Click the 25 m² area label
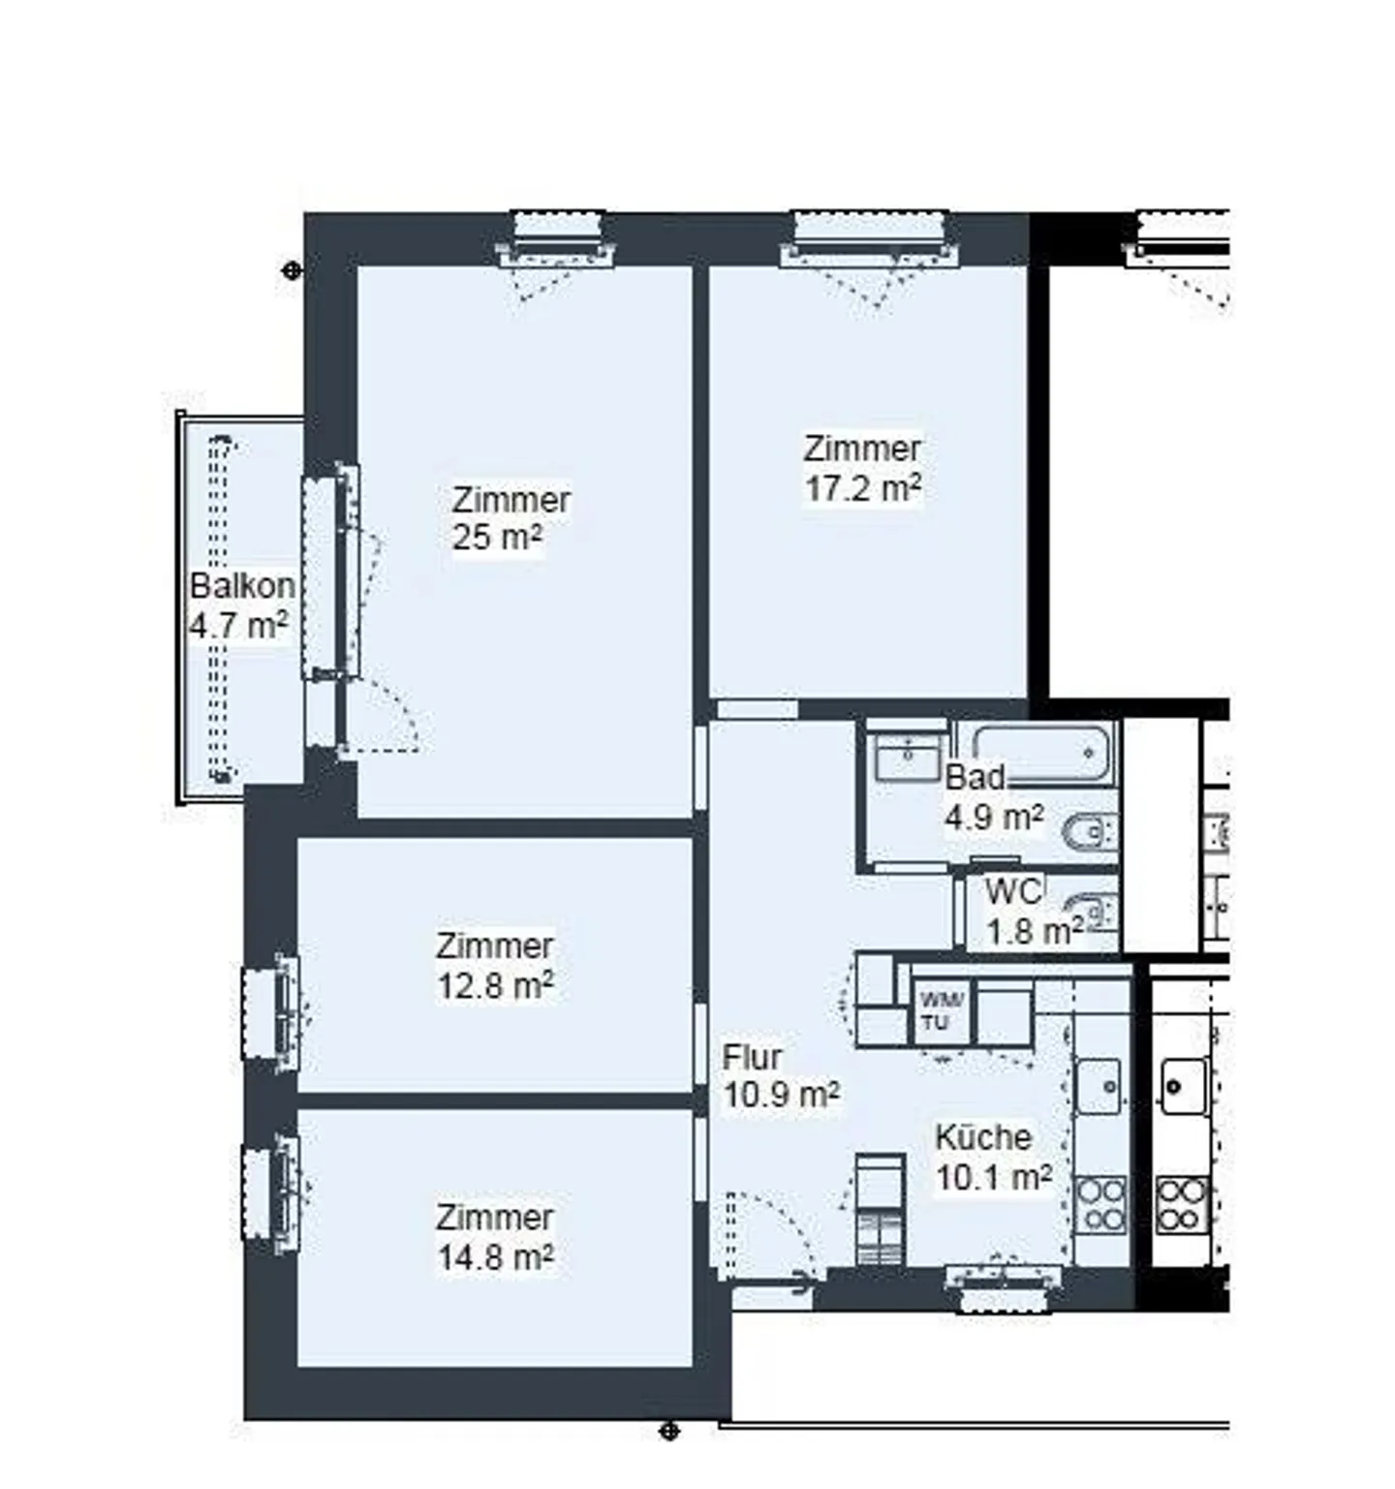tap(497, 537)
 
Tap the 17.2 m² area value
tap(862, 487)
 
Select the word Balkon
tap(242, 585)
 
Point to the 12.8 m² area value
tap(495, 985)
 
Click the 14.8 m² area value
tap(495, 1256)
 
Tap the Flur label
tap(752, 1057)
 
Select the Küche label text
tap(983, 1136)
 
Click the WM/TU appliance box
tap(941, 1012)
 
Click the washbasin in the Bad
tap(909, 756)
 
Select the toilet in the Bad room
tap(1092, 831)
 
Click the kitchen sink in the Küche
tap(1099, 1085)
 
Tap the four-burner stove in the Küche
tap(1101, 1204)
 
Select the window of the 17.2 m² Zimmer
tap(869, 238)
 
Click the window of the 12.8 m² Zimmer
tap(271, 1012)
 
